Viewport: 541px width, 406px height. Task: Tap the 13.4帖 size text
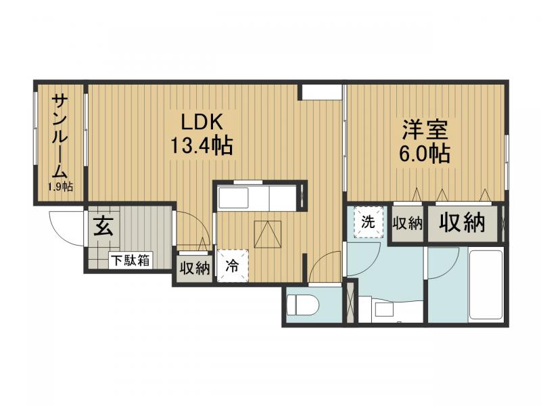[201, 145]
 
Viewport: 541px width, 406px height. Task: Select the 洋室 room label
[425, 129]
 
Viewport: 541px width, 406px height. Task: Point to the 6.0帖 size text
[425, 154]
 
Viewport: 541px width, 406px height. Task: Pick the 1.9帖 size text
[60, 187]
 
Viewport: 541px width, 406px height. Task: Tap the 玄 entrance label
[103, 226]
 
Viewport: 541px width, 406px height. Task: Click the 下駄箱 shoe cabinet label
[131, 260]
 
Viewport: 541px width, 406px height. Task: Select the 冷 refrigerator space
[233, 265]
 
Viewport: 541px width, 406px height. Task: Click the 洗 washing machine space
[368, 222]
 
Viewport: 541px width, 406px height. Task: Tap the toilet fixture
[304, 305]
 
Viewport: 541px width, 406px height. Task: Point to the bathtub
[486, 284]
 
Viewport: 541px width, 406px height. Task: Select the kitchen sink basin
[233, 198]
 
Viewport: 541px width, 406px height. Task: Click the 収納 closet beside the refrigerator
[194, 268]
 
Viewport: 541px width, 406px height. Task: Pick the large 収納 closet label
[462, 223]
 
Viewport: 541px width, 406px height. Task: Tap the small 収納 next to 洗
[408, 223]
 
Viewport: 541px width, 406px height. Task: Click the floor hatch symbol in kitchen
[267, 234]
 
